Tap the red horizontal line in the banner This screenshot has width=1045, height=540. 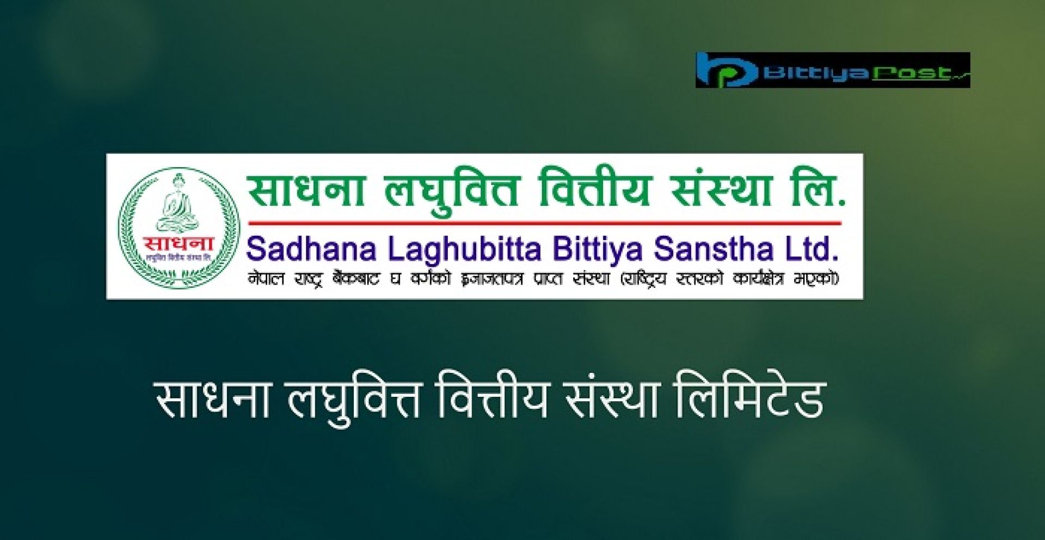pyautogui.click(x=544, y=223)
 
